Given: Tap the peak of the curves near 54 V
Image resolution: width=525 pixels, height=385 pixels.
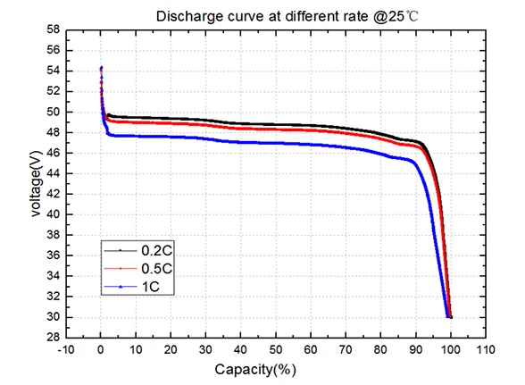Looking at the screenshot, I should pos(101,68).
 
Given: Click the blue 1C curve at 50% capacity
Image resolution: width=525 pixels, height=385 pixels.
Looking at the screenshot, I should pos(276,143).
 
